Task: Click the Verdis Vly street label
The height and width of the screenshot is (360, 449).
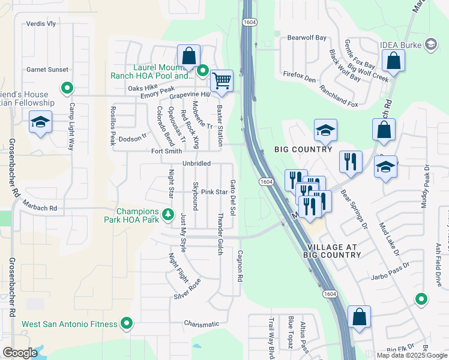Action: (41, 24)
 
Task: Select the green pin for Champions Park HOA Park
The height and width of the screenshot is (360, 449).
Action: (169, 213)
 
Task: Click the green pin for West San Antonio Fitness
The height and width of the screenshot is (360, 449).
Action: (126, 325)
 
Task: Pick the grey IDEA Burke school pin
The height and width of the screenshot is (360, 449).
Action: (430, 44)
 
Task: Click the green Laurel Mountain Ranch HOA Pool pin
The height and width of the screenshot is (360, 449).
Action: (203, 72)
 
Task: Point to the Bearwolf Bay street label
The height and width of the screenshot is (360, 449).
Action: (307, 38)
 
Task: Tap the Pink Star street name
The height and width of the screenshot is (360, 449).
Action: (214, 192)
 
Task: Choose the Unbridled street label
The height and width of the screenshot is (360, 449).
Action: (196, 163)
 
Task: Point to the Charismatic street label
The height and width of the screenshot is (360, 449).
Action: (202, 324)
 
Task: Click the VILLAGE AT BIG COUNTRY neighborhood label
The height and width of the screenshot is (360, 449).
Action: (334, 251)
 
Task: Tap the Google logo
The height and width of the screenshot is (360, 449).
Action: (20, 353)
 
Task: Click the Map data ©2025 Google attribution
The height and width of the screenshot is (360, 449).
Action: (411, 355)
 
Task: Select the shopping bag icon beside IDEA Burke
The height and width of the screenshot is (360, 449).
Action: (393, 61)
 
